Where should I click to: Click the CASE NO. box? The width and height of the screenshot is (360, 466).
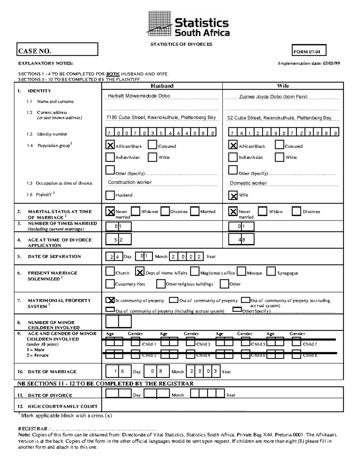point(57,50)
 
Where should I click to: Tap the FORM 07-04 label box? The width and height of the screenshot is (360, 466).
point(309,50)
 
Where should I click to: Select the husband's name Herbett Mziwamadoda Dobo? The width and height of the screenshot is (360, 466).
point(139,96)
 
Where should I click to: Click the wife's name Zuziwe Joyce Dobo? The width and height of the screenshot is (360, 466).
point(273,97)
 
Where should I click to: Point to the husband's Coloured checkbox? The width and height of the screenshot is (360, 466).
point(152,145)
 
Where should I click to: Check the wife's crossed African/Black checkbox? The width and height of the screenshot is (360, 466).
point(233,145)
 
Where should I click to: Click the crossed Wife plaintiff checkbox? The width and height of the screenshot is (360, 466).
point(233,195)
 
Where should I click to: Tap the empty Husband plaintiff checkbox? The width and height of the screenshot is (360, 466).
point(110,195)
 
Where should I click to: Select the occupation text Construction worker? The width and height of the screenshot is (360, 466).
point(130,182)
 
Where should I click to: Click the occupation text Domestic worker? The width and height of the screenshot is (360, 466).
point(248,183)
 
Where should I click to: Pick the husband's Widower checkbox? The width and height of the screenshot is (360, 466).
point(136,211)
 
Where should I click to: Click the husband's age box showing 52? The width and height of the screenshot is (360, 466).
point(118,239)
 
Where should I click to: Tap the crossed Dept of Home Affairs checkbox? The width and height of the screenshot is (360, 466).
point(140,272)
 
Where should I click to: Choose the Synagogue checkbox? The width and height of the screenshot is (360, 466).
point(271,271)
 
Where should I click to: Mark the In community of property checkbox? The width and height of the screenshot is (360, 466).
point(110,300)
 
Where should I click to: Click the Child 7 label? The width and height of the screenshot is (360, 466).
point(310,344)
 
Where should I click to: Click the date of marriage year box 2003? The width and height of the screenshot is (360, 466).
point(203,371)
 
